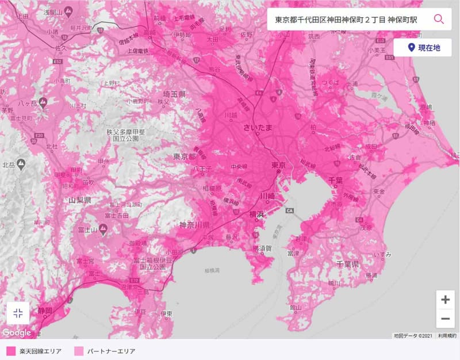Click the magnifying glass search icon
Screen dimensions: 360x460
point(439,19)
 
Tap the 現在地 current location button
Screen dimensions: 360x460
point(423,48)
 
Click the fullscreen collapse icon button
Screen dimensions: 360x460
point(18,313)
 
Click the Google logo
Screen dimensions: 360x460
point(17,332)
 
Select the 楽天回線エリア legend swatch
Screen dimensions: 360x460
point(11,350)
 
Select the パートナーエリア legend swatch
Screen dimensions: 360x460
point(79,350)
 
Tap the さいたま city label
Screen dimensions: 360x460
point(257,127)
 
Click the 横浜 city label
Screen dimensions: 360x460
point(256,215)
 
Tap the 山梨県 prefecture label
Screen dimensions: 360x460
point(80,200)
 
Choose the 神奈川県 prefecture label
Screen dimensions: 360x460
point(196,224)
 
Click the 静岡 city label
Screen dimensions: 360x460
point(45,311)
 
